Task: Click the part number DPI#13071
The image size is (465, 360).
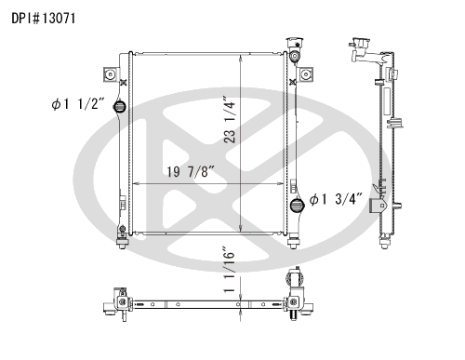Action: [x=44, y=19]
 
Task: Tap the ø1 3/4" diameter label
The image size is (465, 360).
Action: [x=336, y=199]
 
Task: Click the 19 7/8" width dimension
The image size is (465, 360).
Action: [x=191, y=171]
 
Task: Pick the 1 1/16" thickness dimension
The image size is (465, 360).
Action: [x=230, y=270]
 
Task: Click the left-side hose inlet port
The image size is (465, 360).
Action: [x=119, y=107]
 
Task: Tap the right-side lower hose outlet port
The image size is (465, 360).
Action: [x=297, y=206]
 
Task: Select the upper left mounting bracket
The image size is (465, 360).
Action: [x=110, y=74]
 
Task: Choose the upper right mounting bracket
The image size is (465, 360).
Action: [x=305, y=74]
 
